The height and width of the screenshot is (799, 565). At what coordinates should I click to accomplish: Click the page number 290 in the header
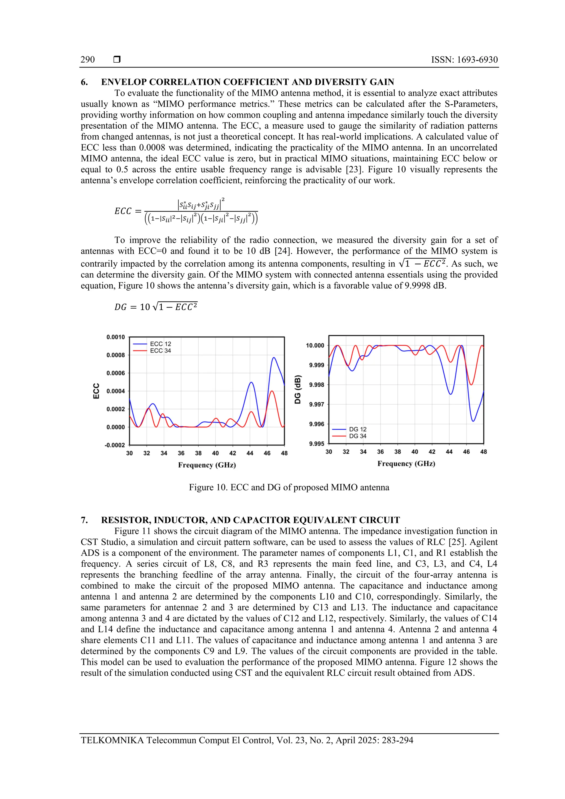(x=87, y=60)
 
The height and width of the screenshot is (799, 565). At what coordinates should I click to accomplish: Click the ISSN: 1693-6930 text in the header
(x=464, y=60)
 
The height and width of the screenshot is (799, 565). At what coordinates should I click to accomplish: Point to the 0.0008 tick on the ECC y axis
(x=116, y=355)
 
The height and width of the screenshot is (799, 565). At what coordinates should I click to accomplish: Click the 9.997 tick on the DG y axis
(x=316, y=404)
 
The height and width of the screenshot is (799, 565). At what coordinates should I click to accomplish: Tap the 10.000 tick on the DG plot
(x=315, y=346)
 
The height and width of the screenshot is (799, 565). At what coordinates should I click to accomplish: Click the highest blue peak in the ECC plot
(x=274, y=358)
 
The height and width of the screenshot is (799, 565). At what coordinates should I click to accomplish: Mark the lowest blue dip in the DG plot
(x=473, y=421)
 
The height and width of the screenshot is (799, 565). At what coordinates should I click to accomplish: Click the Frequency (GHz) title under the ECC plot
(x=207, y=465)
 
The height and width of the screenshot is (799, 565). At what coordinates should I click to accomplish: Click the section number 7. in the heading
(x=84, y=520)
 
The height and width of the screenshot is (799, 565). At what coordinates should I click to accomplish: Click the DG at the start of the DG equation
(x=121, y=307)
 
